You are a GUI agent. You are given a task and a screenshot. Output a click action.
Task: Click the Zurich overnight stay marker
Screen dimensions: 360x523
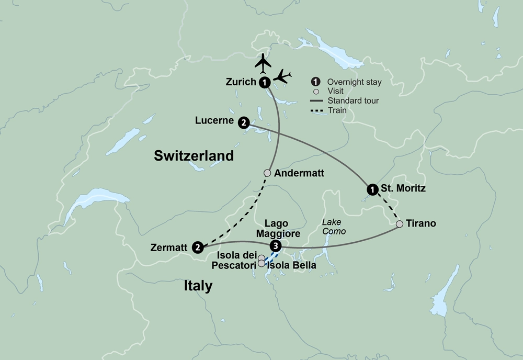(x=265, y=82)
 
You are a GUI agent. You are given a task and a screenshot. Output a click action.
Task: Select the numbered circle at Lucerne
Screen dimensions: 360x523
(x=243, y=122)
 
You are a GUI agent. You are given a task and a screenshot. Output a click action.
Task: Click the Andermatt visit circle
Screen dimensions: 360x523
(x=267, y=173)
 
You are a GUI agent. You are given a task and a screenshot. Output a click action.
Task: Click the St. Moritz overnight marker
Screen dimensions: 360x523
(x=372, y=189)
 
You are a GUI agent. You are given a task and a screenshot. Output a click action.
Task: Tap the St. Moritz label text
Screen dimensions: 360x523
(x=403, y=188)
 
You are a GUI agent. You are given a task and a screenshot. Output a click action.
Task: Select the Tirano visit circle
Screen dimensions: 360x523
(x=400, y=224)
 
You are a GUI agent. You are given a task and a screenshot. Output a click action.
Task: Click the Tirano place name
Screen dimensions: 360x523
(x=420, y=223)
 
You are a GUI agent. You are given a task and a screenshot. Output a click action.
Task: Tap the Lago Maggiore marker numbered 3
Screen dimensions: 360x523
(x=276, y=246)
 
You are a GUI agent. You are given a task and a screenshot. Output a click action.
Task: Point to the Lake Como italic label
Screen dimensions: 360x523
(x=334, y=227)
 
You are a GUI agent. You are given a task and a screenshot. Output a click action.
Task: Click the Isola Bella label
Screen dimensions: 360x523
(x=291, y=265)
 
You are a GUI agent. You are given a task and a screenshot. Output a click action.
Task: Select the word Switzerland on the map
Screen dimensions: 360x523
(x=194, y=156)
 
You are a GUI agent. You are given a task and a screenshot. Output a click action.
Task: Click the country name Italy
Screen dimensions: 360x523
(x=198, y=286)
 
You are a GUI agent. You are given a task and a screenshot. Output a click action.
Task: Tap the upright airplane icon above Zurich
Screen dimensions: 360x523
(x=263, y=63)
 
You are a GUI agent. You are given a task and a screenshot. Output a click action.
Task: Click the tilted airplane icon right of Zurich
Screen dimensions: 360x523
(x=282, y=76)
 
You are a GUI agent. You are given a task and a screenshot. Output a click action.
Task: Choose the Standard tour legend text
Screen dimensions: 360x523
(x=353, y=100)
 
